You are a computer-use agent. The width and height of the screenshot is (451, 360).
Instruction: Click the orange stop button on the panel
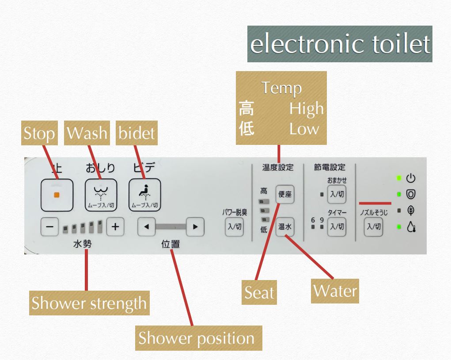(x=56, y=195)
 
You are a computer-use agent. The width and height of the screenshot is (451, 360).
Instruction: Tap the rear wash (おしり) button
(x=100, y=195)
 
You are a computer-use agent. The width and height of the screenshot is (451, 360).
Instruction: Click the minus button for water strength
(x=49, y=227)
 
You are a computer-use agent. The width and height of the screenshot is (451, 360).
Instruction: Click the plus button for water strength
(x=115, y=227)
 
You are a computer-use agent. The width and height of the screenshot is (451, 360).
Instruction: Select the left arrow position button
(x=146, y=227)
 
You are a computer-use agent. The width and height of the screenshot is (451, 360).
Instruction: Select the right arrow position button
(x=195, y=227)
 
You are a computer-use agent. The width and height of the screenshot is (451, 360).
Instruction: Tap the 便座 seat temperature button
(x=285, y=194)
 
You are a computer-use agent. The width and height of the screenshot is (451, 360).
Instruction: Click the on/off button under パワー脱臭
(x=234, y=227)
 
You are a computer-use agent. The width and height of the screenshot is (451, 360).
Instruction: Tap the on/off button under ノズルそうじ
(x=373, y=227)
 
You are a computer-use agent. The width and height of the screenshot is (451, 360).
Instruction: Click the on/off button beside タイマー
(x=337, y=227)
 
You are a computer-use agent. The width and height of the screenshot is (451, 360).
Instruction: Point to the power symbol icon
(x=411, y=178)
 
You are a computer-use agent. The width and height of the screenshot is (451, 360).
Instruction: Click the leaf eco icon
(x=411, y=210)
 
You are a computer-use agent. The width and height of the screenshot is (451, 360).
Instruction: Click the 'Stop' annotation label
(x=39, y=134)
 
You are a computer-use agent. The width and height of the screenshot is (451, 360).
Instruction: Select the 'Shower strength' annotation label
(x=89, y=303)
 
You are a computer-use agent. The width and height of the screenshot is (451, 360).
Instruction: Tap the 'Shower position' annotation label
(x=197, y=338)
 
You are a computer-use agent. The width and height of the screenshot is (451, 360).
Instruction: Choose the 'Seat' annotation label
(x=260, y=292)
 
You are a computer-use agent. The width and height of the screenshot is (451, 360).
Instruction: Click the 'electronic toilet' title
(x=339, y=44)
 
